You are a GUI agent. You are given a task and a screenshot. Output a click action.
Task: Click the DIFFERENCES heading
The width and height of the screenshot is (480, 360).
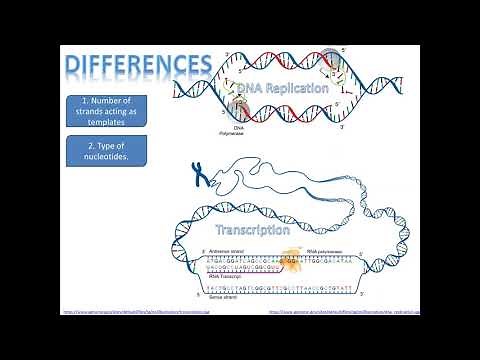point(138,65)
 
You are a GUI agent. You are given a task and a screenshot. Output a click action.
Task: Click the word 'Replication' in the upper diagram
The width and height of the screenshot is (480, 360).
point(294,89)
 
